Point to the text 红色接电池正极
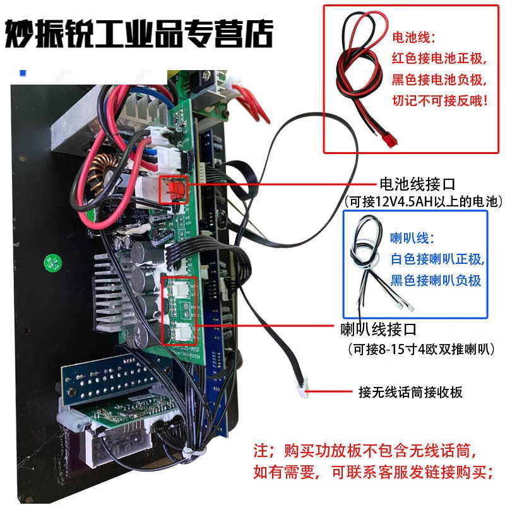point(439,59)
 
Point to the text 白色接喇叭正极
point(436,259)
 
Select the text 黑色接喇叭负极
point(436,280)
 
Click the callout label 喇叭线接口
point(378,330)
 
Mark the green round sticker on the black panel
point(49,262)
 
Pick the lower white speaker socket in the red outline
point(182,329)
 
